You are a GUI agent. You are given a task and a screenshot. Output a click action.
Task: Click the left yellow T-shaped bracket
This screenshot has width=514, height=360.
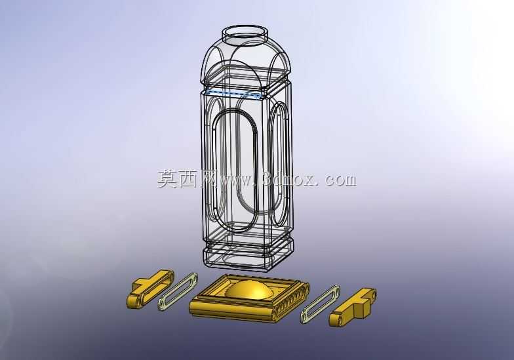click(x=150, y=288)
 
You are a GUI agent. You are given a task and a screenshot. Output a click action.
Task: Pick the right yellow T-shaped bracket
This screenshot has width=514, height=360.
click(x=353, y=307)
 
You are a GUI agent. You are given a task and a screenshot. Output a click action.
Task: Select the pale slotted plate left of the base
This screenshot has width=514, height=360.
click(x=178, y=291)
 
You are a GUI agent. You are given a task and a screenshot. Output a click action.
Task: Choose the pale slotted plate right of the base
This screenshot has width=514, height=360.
click(x=320, y=305)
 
